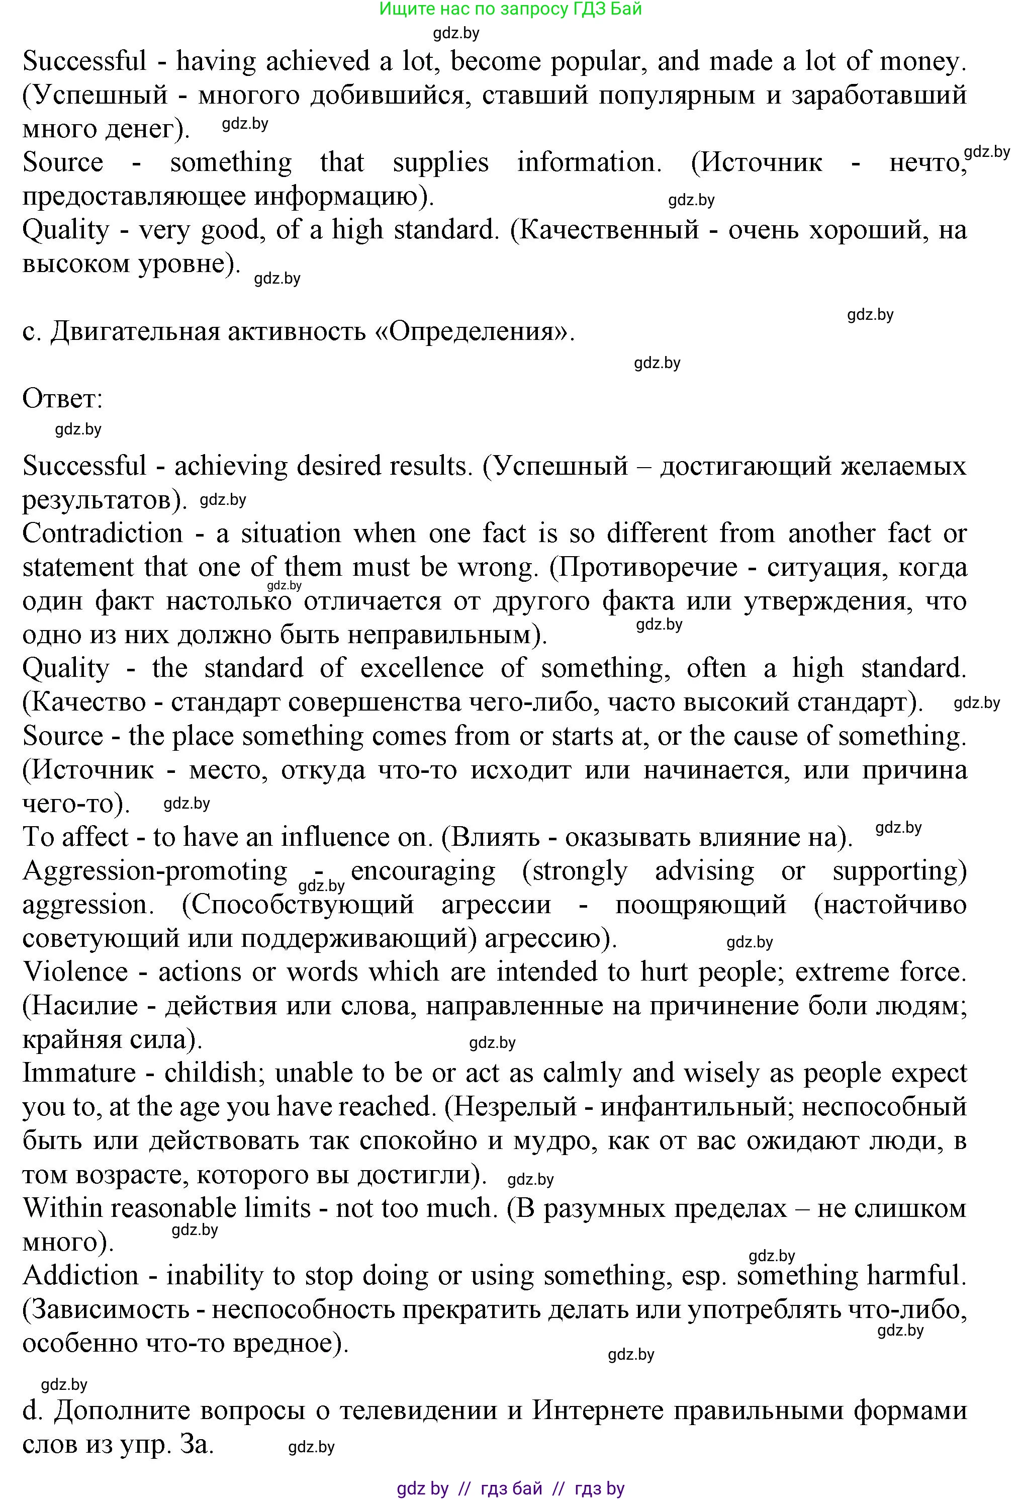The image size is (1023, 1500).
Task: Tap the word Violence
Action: pyautogui.click(x=75, y=972)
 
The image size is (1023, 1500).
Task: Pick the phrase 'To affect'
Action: pyautogui.click(x=75, y=837)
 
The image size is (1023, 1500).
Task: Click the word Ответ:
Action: pyautogui.click(x=63, y=399)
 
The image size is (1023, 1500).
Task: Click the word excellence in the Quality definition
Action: pyautogui.click(x=421, y=668)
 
